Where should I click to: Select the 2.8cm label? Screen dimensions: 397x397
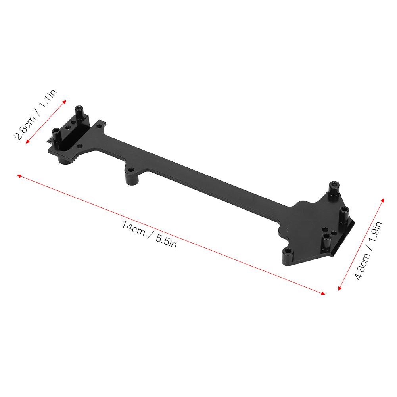coord(24,126)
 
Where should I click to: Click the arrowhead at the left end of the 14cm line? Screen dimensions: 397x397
coord(19,176)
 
